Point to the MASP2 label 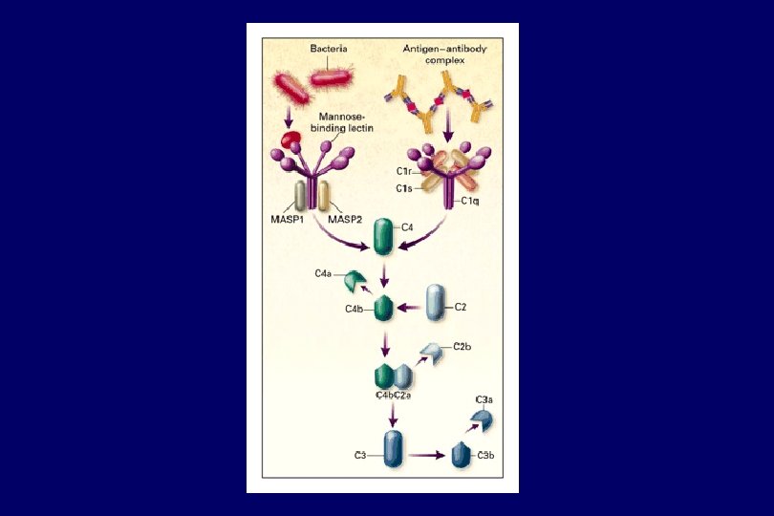pos(345,219)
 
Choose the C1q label pos(470,201)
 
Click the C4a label pos(323,274)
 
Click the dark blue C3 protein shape pos(394,448)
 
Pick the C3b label pos(485,456)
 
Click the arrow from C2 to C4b pos(410,308)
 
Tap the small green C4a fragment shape pos(355,280)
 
